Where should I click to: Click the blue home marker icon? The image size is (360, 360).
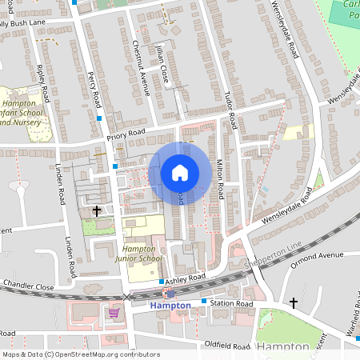[x=179, y=172]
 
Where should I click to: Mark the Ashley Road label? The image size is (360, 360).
[x=186, y=277]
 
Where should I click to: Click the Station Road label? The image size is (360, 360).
[x=231, y=304]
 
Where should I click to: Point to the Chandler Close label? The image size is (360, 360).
[x=27, y=286]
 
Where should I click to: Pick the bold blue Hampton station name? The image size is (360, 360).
[x=170, y=306]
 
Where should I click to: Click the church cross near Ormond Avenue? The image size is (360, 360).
[x=294, y=303]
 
